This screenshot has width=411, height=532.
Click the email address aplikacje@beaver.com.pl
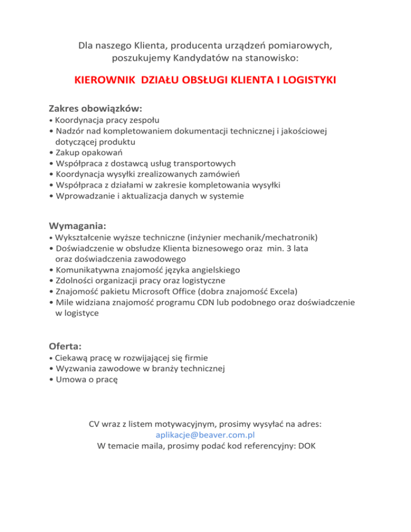coord(205,435)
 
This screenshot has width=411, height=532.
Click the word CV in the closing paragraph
coord(95,424)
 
